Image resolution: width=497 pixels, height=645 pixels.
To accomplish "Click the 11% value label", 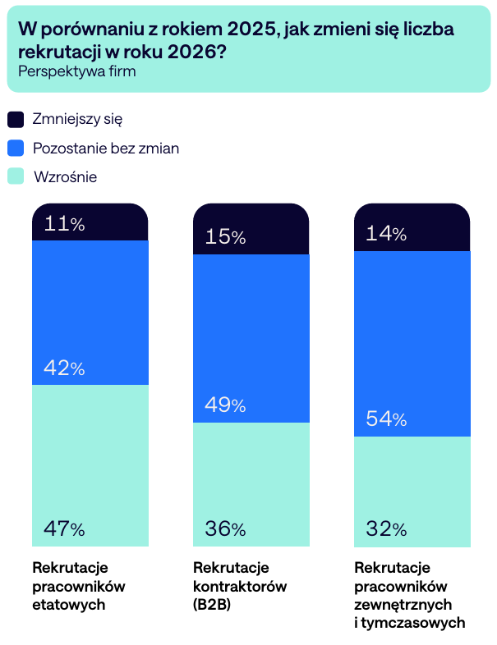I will click(64, 224).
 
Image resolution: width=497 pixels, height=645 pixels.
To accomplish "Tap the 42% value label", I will click(64, 368).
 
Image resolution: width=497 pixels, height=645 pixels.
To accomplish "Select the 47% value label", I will click(64, 529).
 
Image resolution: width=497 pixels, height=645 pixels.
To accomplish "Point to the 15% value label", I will click(225, 237).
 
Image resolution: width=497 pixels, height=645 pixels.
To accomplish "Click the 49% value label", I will click(225, 405).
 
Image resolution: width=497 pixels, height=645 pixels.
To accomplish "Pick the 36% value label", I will click(225, 529).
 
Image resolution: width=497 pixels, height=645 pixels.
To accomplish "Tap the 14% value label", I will click(386, 234).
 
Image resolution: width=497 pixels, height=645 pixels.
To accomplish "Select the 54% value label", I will click(386, 419).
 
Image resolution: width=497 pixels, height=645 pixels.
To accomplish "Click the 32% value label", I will click(386, 529).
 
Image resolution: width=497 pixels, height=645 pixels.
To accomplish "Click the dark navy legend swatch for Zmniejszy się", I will click(16, 120).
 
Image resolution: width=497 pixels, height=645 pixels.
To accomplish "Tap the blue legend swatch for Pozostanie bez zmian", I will click(16, 149).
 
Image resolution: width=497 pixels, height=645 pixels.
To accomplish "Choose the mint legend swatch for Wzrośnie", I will click(16, 176).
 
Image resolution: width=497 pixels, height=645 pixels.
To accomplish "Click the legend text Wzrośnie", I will click(66, 176).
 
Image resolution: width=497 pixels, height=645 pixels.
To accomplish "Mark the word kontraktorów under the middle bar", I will click(239, 587).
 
